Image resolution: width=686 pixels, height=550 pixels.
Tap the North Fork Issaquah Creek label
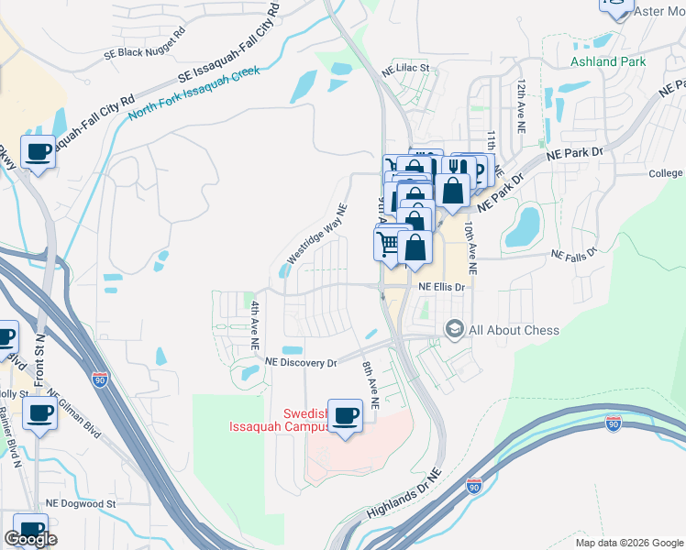click(x=194, y=93)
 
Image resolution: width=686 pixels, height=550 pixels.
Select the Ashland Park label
click(x=608, y=62)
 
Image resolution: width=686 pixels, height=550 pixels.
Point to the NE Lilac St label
click(x=405, y=69)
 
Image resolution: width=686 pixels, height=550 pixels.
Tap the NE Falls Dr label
click(x=574, y=254)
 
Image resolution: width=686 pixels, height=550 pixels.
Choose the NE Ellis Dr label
click(x=443, y=287)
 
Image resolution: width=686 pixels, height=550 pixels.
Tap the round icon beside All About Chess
click(x=454, y=328)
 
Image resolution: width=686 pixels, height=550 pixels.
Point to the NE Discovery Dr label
click(x=301, y=363)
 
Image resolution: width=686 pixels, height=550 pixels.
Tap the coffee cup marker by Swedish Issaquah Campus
click(x=345, y=416)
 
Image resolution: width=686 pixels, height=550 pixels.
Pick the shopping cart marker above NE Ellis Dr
click(x=389, y=244)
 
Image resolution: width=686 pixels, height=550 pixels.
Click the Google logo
click(x=30, y=539)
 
